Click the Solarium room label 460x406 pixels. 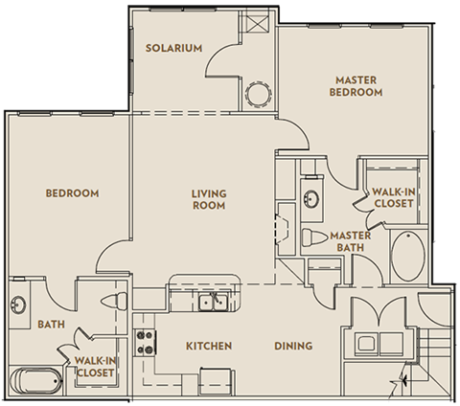click(174, 48)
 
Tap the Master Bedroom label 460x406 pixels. click(356, 86)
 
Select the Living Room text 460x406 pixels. click(209, 199)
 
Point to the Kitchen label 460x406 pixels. click(209, 346)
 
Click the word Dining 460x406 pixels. click(293, 346)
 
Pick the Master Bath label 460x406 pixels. click(351, 241)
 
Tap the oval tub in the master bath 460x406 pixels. click(408, 256)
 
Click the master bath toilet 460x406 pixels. click(315, 237)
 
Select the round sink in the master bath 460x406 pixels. click(310, 199)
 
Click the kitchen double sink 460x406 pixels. click(213, 303)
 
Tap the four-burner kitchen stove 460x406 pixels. click(146, 343)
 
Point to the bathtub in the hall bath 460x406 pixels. click(35, 381)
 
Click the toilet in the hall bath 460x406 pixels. click(114, 301)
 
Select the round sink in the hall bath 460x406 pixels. click(18, 304)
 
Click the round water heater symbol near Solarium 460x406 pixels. click(258, 95)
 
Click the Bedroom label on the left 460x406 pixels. click(72, 193)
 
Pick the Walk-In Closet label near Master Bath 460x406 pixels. click(394, 198)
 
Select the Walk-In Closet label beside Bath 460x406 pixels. click(95, 367)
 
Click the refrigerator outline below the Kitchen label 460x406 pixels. click(217, 381)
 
